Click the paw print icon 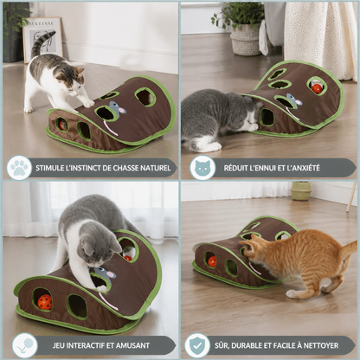point(19,168)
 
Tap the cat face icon point(202,168)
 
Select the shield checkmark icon point(197,345)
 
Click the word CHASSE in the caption point(125,168)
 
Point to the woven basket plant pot point(246,40)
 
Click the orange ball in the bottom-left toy point(45,302)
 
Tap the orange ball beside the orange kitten point(212,261)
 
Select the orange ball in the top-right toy point(317,87)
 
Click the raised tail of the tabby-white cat point(41,43)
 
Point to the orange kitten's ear point(253,239)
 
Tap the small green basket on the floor point(300,190)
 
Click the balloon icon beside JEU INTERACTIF point(25,345)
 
